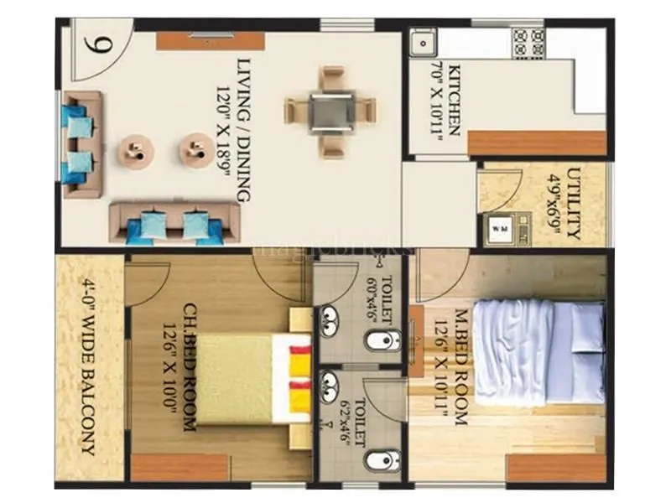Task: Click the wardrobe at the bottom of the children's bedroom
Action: click(x=179, y=468)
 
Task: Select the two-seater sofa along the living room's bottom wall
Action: click(x=174, y=221)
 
